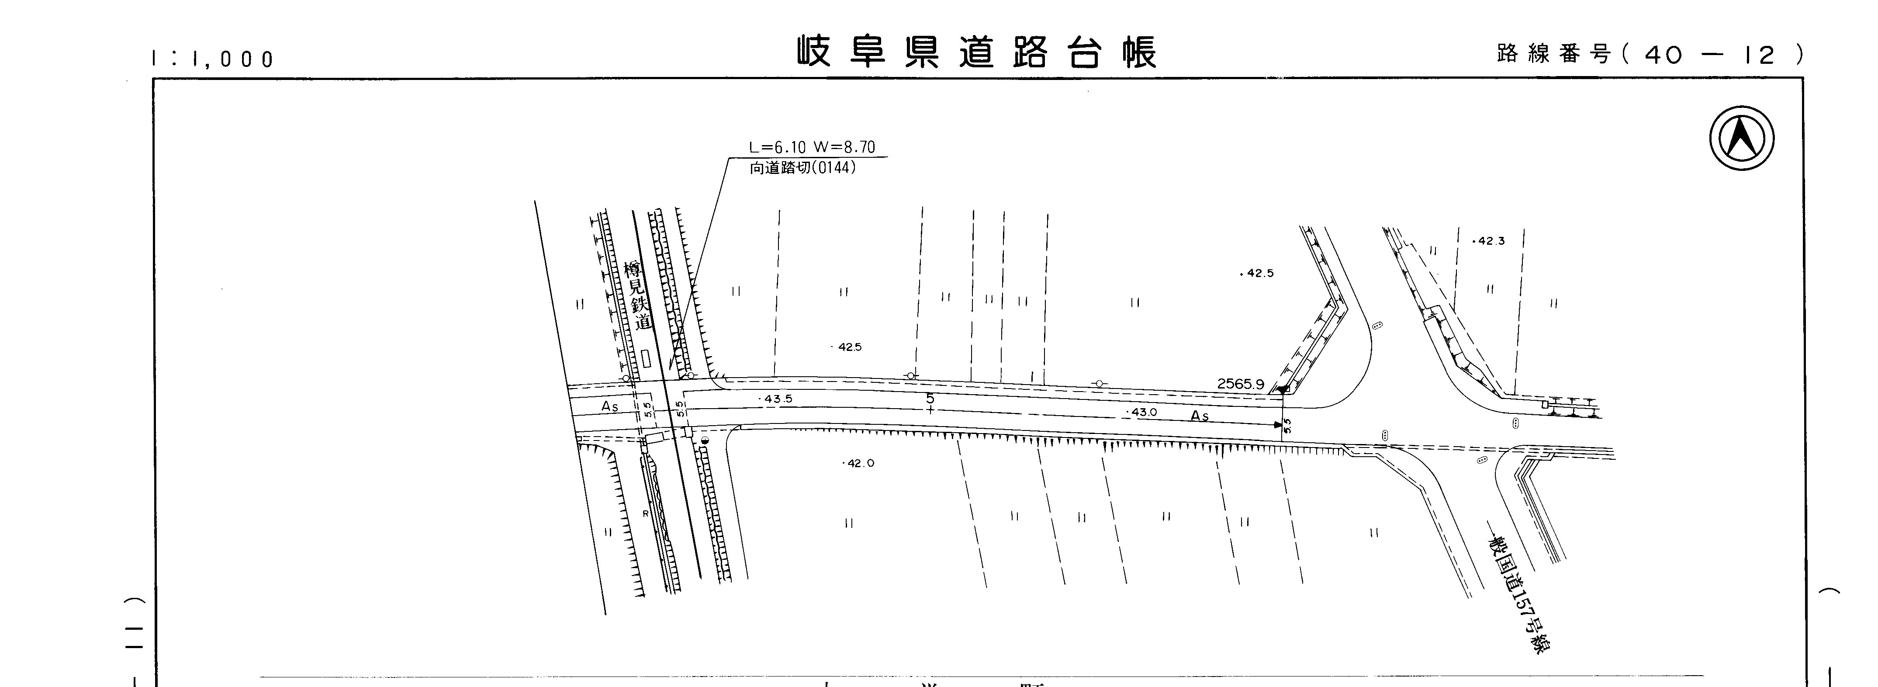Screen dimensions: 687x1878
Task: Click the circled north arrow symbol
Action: coord(1742,139)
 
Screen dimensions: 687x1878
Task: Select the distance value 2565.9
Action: coord(1240,384)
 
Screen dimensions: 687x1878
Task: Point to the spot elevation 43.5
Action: coord(776,399)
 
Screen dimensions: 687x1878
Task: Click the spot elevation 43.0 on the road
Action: coord(1142,412)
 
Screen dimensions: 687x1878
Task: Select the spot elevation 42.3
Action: coord(1489,241)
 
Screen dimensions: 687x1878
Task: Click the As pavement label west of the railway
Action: coord(609,407)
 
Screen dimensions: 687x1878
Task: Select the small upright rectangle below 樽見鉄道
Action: coord(646,358)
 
